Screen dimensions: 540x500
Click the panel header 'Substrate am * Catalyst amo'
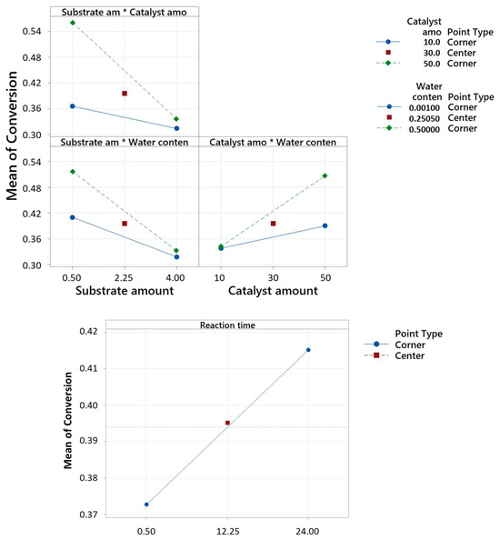tap(125, 12)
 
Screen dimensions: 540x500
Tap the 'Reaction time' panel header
tap(227, 325)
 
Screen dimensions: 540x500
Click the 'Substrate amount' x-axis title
tap(125, 291)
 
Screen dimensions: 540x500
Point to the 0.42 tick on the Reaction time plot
tap(92, 332)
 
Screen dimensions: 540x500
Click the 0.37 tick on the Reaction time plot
tap(92, 515)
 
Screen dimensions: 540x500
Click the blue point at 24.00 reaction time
tap(308, 350)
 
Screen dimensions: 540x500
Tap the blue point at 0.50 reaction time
tap(146, 505)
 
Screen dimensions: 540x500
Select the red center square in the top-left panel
tap(125, 93)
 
